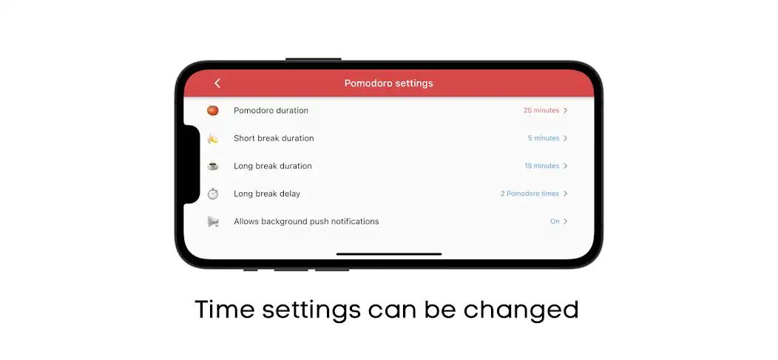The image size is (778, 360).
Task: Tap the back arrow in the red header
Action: tap(217, 84)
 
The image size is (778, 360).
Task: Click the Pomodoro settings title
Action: tap(388, 84)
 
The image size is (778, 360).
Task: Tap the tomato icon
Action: tap(213, 110)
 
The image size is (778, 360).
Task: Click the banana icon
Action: tap(213, 138)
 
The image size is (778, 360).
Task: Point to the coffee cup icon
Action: tap(213, 166)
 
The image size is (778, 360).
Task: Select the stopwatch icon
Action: tap(213, 194)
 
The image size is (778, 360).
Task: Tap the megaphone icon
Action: tap(213, 222)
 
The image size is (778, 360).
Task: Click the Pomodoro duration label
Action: tap(271, 111)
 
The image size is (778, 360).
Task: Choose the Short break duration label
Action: tap(274, 138)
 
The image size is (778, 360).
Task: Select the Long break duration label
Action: tap(273, 166)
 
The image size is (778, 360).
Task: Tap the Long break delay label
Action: tap(267, 194)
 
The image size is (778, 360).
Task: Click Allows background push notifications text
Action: tap(306, 222)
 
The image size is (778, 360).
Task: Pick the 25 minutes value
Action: tap(541, 111)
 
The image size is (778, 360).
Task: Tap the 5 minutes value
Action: tap(544, 138)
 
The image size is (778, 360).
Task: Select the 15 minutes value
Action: tap(542, 166)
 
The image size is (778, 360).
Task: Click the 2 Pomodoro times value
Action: tap(530, 194)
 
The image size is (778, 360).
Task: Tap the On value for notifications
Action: tap(555, 222)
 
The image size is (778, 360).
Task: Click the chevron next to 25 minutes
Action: tap(566, 111)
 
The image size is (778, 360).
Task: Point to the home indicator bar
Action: tap(389, 254)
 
